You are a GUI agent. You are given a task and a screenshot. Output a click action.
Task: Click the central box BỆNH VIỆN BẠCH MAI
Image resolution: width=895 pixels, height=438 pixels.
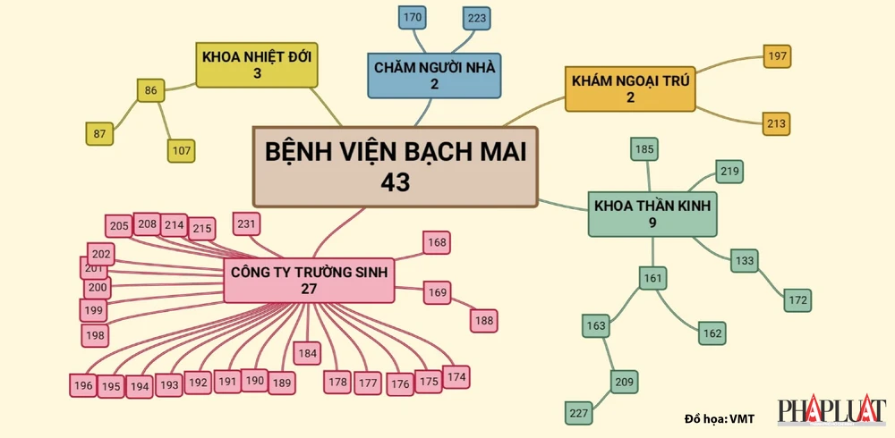pyautogui.click(x=396, y=165)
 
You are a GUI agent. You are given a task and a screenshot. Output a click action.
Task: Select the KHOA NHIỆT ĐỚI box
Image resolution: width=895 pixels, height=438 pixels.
pyautogui.click(x=257, y=65)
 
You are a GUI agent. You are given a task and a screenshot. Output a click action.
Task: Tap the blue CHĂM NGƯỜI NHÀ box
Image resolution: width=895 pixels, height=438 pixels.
pyautogui.click(x=434, y=74)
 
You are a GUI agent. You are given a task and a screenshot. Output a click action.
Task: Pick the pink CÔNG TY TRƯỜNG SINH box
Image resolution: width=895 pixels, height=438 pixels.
pyautogui.click(x=310, y=280)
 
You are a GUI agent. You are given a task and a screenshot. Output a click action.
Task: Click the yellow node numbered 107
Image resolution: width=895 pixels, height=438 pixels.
pyautogui.click(x=182, y=150)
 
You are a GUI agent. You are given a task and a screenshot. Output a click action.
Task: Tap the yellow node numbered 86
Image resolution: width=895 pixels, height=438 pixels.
pyautogui.click(x=150, y=90)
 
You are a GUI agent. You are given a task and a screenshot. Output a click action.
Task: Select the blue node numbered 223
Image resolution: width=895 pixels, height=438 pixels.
pyautogui.click(x=477, y=18)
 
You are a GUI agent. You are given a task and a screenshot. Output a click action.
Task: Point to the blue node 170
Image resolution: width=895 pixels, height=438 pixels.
pyautogui.click(x=413, y=17)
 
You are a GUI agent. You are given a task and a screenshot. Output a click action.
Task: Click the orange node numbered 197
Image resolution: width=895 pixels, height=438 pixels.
pyautogui.click(x=777, y=56)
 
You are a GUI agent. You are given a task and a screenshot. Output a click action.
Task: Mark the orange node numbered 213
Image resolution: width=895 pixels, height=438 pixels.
pyautogui.click(x=777, y=123)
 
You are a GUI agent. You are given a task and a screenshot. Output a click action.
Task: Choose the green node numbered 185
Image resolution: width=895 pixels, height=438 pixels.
pyautogui.click(x=644, y=149)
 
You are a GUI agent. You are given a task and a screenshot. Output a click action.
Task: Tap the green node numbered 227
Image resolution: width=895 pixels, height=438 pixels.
pyautogui.click(x=579, y=413)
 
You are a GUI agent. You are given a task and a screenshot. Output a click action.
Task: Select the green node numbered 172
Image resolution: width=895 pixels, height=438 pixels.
pyautogui.click(x=798, y=299)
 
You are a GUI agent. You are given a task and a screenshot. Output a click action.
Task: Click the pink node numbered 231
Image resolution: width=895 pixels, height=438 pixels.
pyautogui.click(x=246, y=223)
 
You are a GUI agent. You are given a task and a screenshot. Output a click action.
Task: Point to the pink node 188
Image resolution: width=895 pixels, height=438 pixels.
pyautogui.click(x=483, y=320)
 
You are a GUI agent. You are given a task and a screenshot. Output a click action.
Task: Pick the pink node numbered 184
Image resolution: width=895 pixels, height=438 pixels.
pyautogui.click(x=307, y=354)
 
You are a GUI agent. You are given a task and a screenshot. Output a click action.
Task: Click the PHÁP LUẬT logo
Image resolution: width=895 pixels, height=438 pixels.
pyautogui.click(x=831, y=412)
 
